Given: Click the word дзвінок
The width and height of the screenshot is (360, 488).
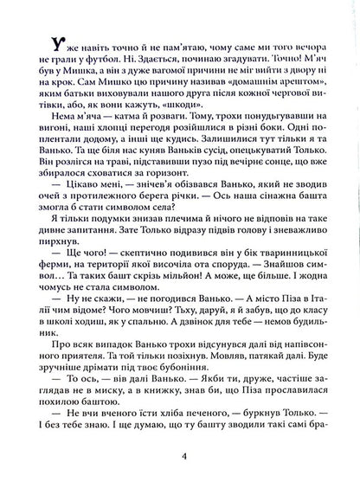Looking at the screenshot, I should (215, 326).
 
